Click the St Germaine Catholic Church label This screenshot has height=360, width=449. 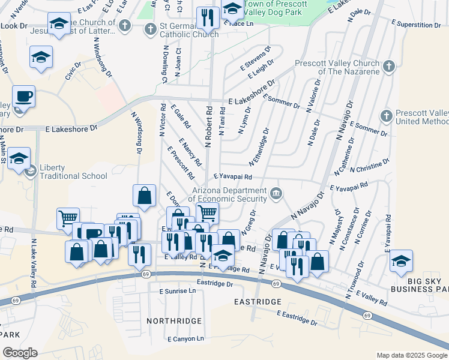tap(184, 30)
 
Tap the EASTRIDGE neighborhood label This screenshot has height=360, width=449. tap(259, 301)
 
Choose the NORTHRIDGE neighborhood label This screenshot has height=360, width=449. tap(174, 321)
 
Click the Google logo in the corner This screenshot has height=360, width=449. tap(20, 352)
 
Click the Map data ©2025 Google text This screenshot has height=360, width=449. tap(412, 355)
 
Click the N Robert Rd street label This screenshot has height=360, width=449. tap(209, 127)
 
